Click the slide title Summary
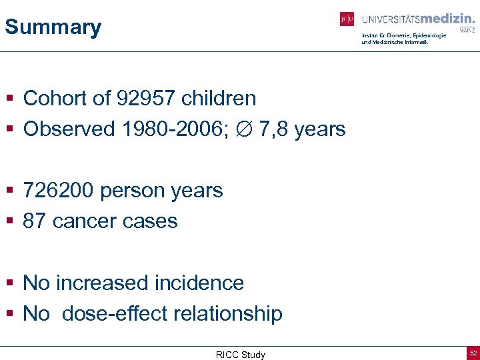53,27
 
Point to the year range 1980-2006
173,129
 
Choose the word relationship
224,313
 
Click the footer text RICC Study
240,355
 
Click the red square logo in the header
347,19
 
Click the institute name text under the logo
403,39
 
